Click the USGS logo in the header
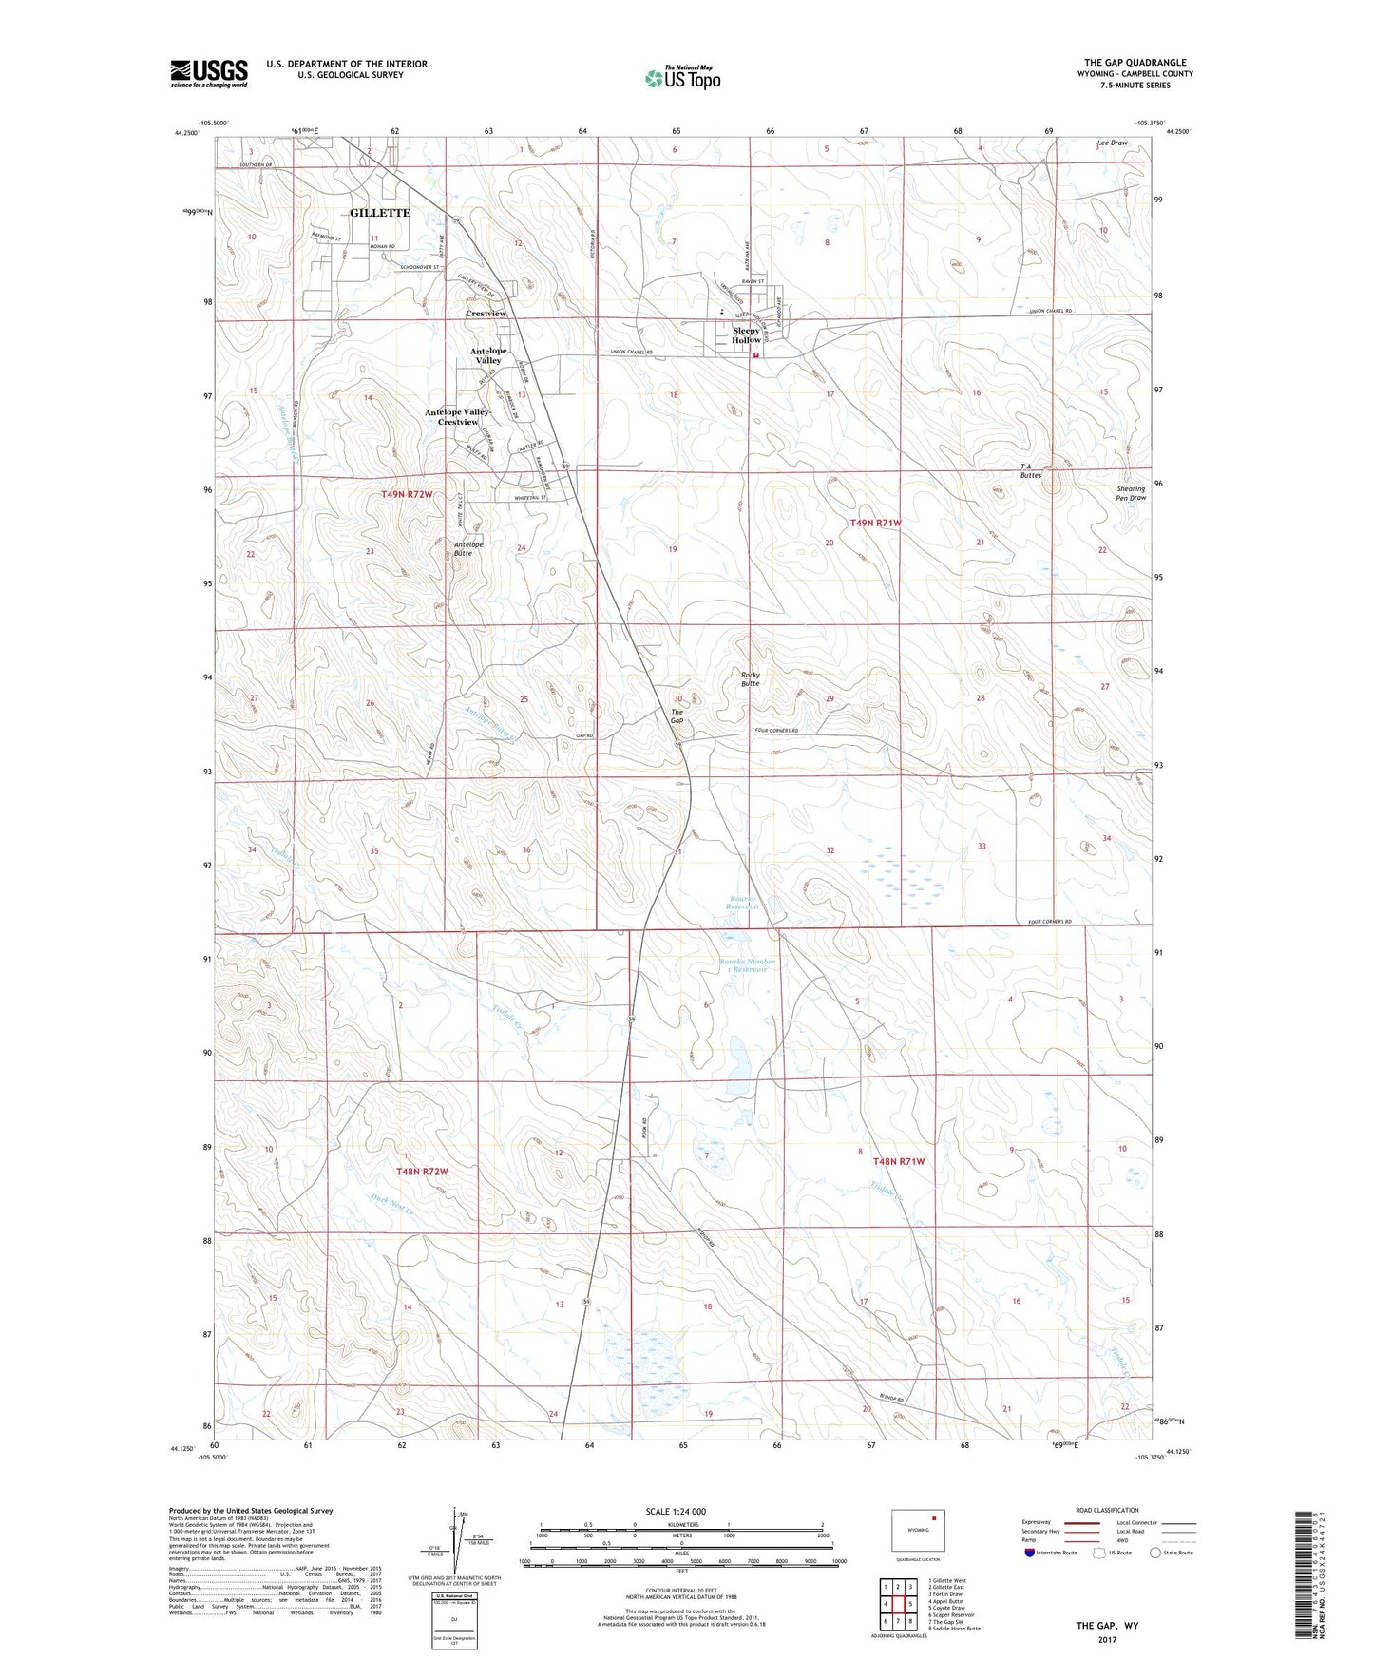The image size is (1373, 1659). pyautogui.click(x=208, y=73)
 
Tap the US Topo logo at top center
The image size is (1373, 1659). pyautogui.click(x=682, y=78)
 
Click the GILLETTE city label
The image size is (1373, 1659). pyautogui.click(x=380, y=213)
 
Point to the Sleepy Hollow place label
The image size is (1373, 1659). pyautogui.click(x=746, y=335)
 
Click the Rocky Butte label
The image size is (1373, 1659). pyautogui.click(x=751, y=678)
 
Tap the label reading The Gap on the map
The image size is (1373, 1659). pyautogui.click(x=677, y=715)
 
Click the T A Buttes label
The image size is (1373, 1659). pyautogui.click(x=1030, y=470)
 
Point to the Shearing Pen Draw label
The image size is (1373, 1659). pyautogui.click(x=1131, y=493)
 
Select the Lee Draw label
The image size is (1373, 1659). pyautogui.click(x=1112, y=143)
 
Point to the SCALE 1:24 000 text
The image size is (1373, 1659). pyautogui.click(x=676, y=1511)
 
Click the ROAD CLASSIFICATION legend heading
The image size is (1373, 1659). pyautogui.click(x=1107, y=1510)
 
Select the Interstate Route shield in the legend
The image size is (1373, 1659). pyautogui.click(x=1031, y=1553)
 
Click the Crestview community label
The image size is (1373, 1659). pyautogui.click(x=486, y=314)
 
